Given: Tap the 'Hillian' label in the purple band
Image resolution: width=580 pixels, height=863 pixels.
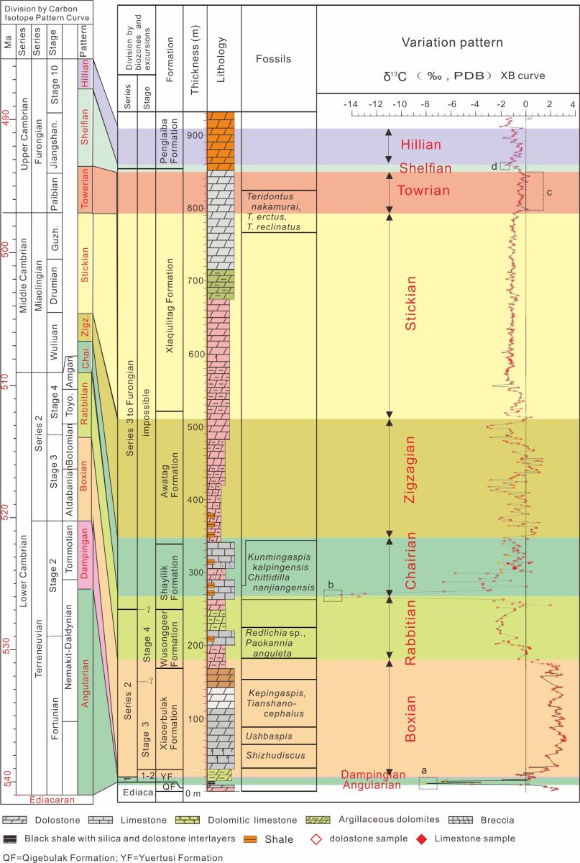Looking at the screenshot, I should pyautogui.click(x=423, y=145).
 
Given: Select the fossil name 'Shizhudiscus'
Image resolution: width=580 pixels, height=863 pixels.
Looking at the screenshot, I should pyautogui.click(x=270, y=754).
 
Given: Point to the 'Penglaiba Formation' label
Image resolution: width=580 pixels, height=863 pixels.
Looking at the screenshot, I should pyautogui.click(x=168, y=139).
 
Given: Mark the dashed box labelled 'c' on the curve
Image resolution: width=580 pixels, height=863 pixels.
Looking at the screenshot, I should pyautogui.click(x=533, y=191).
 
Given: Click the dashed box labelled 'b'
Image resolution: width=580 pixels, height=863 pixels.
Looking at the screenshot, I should pyautogui.click(x=332, y=595).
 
